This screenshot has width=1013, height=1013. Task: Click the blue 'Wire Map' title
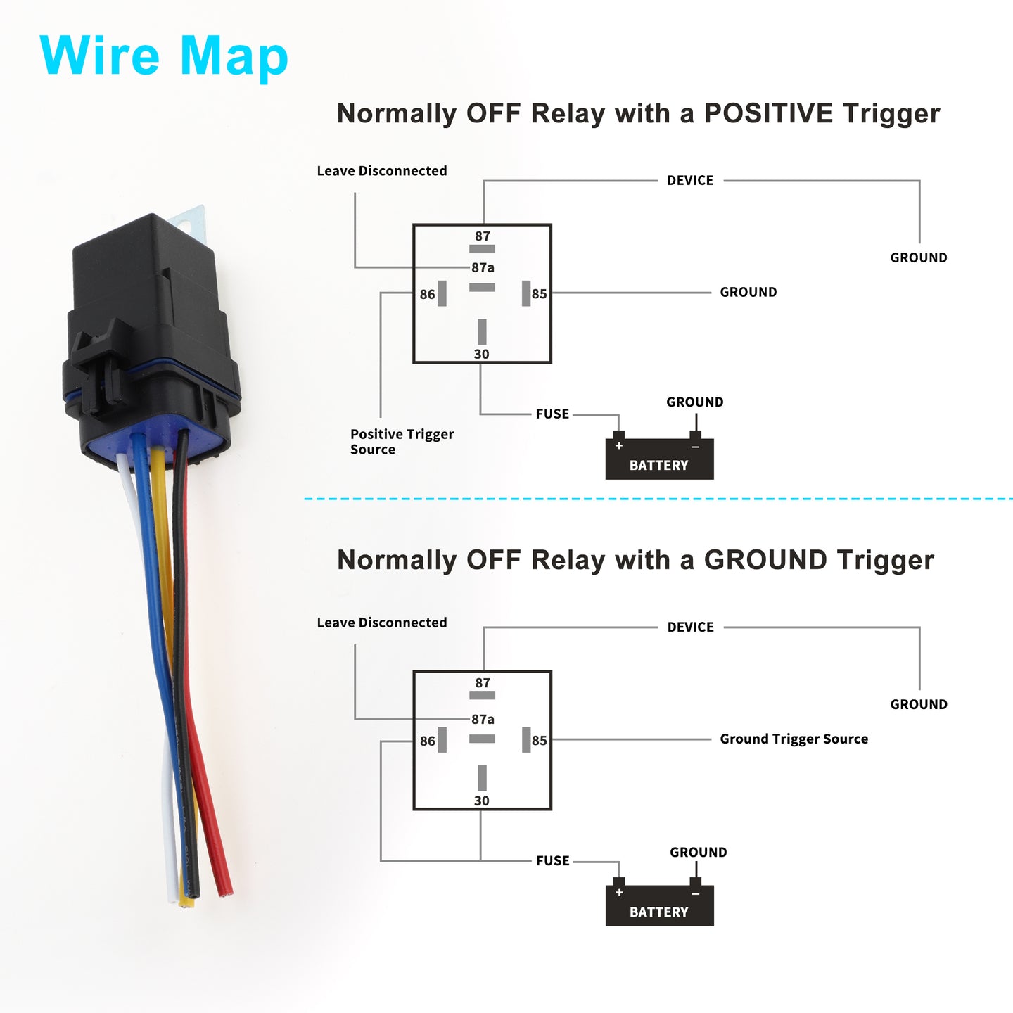click(163, 56)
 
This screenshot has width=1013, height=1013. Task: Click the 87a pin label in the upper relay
click(483, 267)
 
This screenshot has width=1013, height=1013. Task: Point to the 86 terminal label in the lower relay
click(428, 741)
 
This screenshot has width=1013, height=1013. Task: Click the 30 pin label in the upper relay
click(482, 355)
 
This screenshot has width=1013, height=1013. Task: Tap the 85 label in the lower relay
click(540, 740)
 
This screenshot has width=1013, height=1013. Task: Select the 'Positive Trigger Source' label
click(402, 442)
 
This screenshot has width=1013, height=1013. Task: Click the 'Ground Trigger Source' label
click(794, 739)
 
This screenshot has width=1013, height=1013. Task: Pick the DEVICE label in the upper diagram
click(690, 180)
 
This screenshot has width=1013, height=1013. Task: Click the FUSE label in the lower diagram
click(552, 860)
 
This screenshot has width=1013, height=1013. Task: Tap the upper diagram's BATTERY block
click(659, 459)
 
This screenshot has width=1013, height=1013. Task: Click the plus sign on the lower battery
click(619, 892)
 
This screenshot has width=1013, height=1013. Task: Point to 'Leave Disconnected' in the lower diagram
click(382, 623)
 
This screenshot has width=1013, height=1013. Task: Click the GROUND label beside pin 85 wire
click(748, 292)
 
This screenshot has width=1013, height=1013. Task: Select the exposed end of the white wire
click(172, 898)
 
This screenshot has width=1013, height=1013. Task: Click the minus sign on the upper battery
click(696, 447)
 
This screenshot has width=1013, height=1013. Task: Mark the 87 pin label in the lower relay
click(483, 683)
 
